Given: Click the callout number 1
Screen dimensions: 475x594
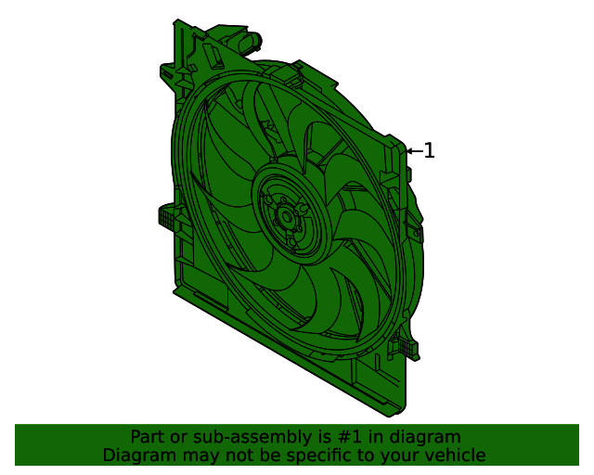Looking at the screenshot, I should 429,150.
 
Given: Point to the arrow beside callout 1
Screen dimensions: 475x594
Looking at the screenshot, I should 414,150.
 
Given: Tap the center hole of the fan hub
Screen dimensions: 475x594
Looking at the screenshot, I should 285,218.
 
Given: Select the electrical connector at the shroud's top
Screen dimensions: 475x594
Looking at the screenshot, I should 248,42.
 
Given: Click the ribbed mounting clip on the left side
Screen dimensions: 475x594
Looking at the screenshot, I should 168,218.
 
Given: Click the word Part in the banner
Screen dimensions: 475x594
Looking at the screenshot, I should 148,437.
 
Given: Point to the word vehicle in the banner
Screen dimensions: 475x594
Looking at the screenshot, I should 454,456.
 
